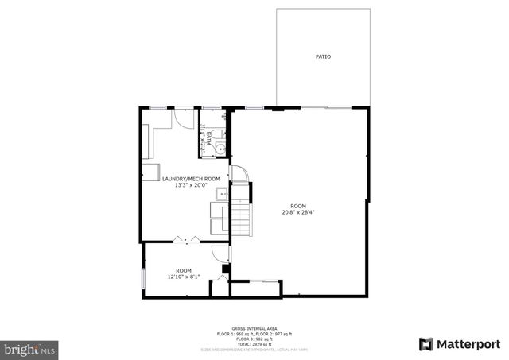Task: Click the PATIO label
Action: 323,57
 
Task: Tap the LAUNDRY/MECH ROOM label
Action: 191,179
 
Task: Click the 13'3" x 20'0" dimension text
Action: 191,185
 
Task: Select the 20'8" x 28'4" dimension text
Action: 298,212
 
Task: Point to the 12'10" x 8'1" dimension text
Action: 184,277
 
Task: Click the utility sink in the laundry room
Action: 220,193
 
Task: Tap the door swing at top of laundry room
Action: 184,117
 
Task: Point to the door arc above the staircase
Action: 239,174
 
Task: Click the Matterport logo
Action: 459,343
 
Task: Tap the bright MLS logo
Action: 30,349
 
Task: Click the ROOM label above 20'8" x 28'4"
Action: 298,206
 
